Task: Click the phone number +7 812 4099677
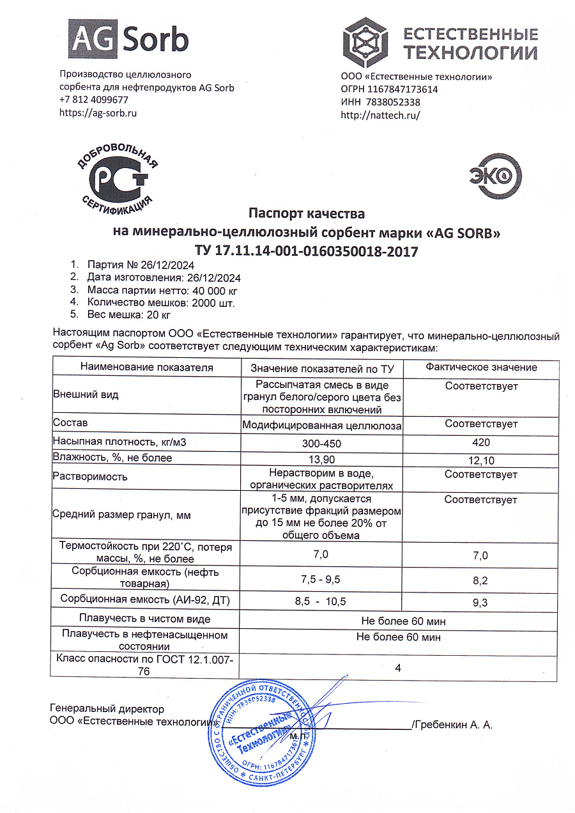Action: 94,100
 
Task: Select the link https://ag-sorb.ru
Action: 98,113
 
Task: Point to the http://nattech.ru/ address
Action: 380,115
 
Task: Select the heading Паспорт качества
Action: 306,213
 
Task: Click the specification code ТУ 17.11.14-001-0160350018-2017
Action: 306,251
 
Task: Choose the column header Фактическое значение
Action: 481,368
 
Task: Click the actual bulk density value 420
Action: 480,442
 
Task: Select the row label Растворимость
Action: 90,476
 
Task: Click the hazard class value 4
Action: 398,668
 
